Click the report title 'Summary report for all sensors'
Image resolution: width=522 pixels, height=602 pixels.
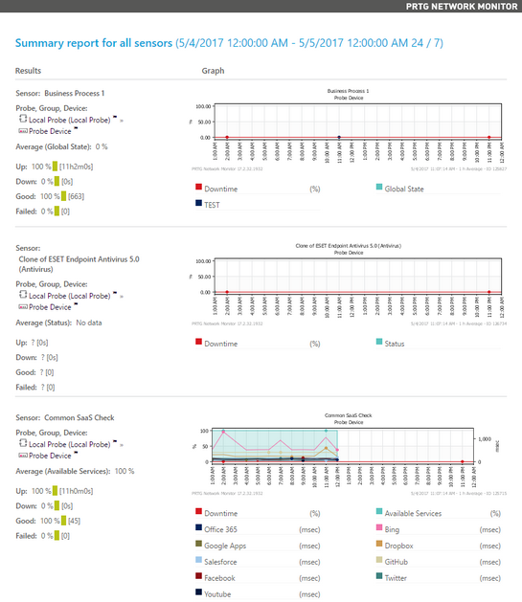tap(94, 43)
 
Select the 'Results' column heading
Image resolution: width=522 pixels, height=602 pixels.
tap(29, 72)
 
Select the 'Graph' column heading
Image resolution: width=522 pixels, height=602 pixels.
tap(213, 72)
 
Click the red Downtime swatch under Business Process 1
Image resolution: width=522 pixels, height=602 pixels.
tap(198, 189)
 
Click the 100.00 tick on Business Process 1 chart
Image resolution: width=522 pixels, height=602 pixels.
tap(202, 107)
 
